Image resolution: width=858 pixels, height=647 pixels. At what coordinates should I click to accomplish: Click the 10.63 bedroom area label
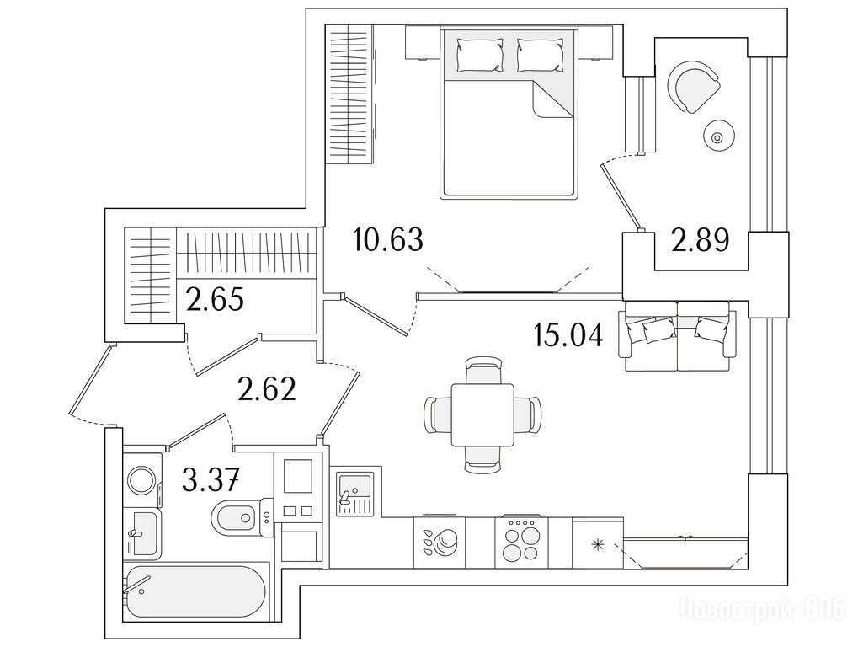(x=388, y=240)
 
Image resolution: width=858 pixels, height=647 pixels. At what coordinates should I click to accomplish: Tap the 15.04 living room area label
(x=568, y=335)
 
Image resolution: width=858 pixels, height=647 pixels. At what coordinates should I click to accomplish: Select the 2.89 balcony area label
(x=701, y=239)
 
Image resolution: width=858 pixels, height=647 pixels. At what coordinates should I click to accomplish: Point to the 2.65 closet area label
(x=215, y=299)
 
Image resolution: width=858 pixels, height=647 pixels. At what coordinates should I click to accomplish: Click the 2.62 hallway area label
(x=267, y=389)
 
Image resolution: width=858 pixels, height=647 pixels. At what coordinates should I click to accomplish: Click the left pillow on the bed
(x=481, y=54)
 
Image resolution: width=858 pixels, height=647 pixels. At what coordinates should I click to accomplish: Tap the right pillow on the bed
(x=541, y=54)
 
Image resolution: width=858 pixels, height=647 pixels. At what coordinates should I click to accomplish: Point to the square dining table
(x=482, y=415)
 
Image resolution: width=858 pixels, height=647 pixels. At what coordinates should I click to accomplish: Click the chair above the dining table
(x=482, y=370)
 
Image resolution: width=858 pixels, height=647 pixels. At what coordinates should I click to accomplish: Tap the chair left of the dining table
(x=438, y=415)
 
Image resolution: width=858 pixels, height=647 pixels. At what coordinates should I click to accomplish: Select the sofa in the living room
(x=678, y=336)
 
